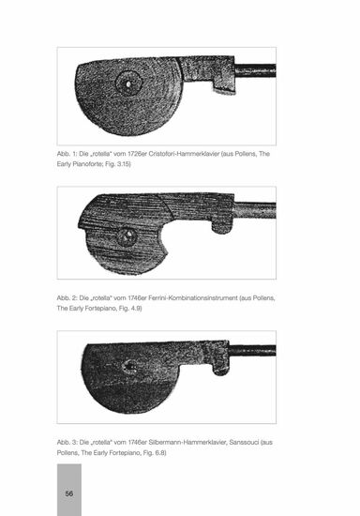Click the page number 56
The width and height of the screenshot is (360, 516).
tap(69, 493)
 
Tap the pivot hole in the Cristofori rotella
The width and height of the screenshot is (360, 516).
tap(128, 83)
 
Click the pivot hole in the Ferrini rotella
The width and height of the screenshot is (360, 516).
tap(128, 235)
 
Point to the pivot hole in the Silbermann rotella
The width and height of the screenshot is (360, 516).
tap(130, 366)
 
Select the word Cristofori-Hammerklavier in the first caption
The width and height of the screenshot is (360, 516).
tap(184, 154)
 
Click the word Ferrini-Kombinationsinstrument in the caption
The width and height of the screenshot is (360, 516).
tap(193, 298)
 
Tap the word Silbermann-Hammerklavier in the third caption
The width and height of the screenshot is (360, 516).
tap(187, 442)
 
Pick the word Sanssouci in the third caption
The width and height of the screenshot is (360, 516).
tap(244, 442)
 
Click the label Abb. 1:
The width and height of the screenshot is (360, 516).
tap(67, 154)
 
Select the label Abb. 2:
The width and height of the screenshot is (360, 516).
tap(67, 298)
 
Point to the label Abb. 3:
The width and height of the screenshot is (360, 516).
tap(67, 442)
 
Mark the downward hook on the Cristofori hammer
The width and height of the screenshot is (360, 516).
tap(224, 86)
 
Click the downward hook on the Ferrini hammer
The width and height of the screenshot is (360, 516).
tap(222, 225)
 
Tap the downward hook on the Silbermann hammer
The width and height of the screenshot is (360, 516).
tap(220, 368)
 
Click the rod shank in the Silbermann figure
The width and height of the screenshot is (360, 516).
tap(252, 351)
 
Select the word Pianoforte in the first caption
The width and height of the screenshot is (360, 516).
tap(85, 164)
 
